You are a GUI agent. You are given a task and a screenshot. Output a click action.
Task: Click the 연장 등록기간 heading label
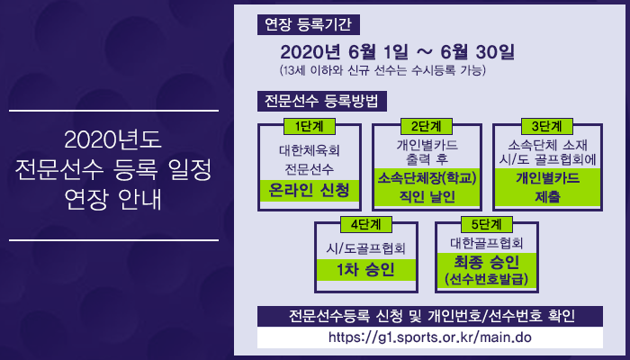[x=308, y=25]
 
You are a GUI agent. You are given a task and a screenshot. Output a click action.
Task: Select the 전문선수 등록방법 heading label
[x=322, y=101]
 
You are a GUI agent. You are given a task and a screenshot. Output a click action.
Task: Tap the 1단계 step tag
[x=309, y=126]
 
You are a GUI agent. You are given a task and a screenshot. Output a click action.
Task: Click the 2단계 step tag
[x=427, y=126]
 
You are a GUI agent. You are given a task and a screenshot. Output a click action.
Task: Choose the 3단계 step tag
[x=547, y=126]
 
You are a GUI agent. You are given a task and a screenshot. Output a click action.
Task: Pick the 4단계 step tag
[x=366, y=224]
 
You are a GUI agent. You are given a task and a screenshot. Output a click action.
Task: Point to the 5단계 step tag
[x=487, y=224]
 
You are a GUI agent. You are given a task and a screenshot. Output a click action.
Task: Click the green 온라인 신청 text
[x=309, y=191]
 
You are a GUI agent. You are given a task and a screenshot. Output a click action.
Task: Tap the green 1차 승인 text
[x=365, y=270]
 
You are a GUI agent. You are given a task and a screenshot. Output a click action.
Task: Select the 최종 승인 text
[x=486, y=263]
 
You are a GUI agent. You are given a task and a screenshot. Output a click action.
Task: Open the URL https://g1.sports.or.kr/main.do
[x=430, y=337]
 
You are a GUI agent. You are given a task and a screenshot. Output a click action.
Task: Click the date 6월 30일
[x=477, y=52]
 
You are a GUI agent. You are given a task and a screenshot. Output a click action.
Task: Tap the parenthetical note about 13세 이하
[x=382, y=71]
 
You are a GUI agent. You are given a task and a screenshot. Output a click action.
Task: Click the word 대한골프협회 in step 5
[x=486, y=243]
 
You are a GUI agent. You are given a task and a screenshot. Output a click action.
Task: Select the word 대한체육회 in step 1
[x=310, y=150]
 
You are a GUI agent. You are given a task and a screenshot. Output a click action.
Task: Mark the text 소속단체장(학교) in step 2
[x=427, y=178]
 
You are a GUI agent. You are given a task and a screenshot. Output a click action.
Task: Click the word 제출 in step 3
[x=547, y=197]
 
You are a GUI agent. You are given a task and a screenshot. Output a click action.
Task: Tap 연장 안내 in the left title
[x=112, y=199]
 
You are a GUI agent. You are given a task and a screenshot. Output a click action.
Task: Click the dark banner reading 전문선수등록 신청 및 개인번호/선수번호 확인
[x=430, y=316]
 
